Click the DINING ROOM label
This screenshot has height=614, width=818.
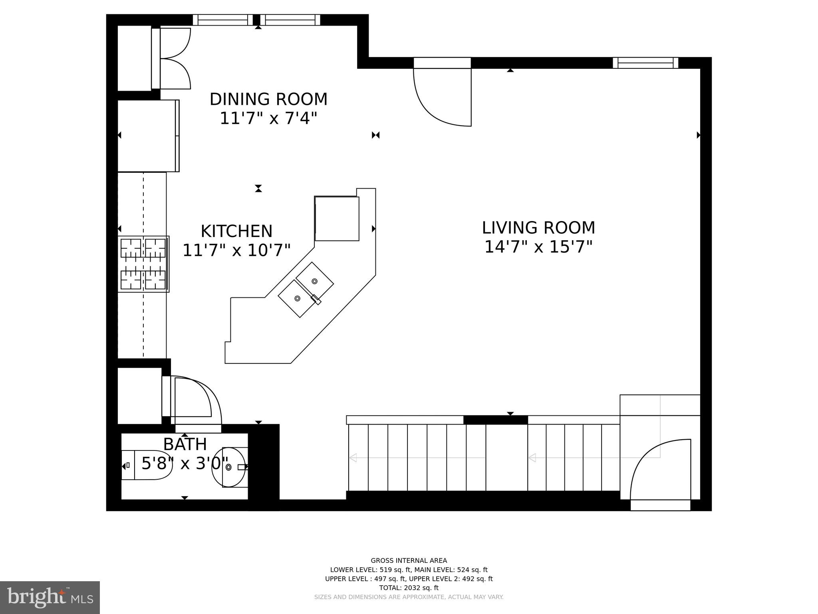click(268, 99)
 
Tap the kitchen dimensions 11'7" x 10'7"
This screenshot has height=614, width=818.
click(236, 251)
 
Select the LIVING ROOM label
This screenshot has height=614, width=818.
click(538, 228)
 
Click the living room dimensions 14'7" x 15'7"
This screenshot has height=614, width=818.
click(538, 247)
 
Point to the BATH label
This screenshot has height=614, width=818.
click(185, 445)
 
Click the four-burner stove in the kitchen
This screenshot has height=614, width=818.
click(143, 264)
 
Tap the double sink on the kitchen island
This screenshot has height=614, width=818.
click(306, 289)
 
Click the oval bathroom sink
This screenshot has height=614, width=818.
click(229, 467)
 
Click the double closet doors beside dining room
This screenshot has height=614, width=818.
click(175, 59)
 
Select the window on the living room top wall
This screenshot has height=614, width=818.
click(645, 63)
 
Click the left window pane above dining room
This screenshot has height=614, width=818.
click(223, 20)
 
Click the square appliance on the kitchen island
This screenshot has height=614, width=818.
click(337, 219)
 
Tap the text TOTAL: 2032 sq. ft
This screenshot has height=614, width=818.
click(409, 588)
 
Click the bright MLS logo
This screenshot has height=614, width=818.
click(50, 597)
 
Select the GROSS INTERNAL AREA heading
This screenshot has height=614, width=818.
click(409, 560)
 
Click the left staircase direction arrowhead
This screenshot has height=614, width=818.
click(353, 458)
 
